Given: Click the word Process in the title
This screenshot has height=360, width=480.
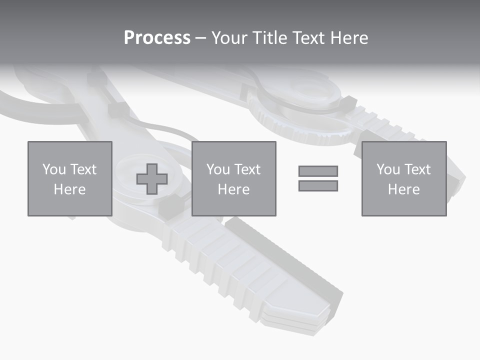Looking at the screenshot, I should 157,38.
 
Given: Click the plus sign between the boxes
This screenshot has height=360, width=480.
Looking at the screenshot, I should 152,179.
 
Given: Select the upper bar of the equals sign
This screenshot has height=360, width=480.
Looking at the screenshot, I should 318,171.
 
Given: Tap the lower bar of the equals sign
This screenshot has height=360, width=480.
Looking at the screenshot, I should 318,186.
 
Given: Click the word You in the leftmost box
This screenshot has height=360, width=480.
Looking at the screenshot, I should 54,169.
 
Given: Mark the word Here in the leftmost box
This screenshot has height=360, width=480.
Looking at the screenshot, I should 69,189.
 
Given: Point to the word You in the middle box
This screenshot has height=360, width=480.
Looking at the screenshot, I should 218,169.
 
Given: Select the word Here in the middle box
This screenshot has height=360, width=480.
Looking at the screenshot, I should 233,189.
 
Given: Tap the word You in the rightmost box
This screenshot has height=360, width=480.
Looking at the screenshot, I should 388,169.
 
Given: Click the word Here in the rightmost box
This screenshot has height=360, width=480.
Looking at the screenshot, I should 403,189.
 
